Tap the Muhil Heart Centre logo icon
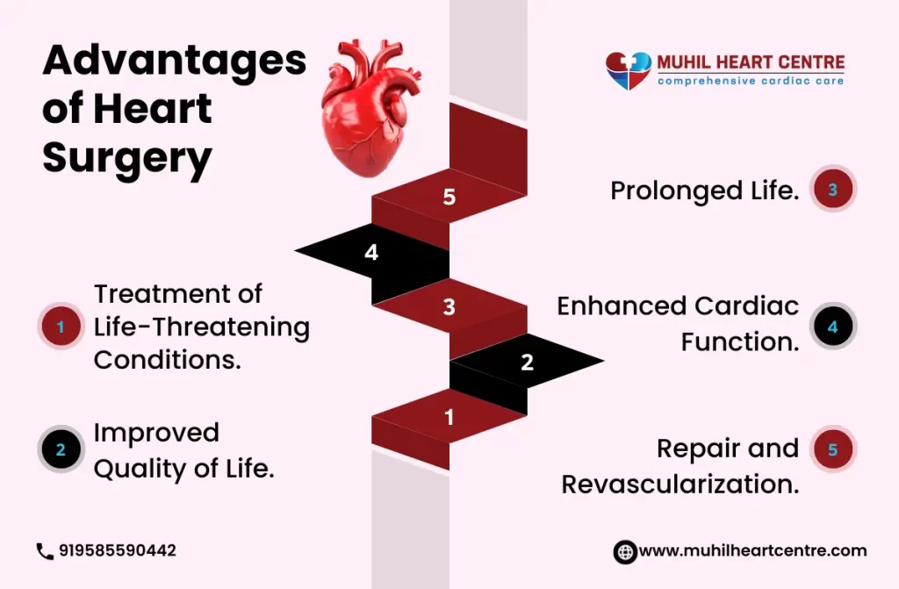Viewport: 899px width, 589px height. point(629,70)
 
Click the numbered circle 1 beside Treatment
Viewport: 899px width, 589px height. point(61,327)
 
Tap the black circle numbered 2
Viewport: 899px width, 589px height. point(61,449)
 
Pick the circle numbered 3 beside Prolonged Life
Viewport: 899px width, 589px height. point(833,190)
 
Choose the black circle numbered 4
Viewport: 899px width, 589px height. point(833,327)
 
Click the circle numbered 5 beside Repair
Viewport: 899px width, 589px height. point(833,449)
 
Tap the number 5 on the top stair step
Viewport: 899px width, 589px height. point(449,197)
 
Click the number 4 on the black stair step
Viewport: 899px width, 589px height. point(371,252)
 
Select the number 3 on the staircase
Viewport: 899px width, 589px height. point(449,307)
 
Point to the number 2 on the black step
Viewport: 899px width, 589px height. point(527,362)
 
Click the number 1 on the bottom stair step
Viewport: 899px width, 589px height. point(449,417)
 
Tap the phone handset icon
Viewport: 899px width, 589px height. point(45,551)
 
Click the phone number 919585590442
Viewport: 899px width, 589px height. point(118,550)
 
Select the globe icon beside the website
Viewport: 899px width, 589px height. point(625,552)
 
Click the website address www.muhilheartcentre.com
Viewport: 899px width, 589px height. point(752,550)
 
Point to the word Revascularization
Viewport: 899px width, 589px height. point(680,484)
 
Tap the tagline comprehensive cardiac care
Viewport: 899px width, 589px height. point(751,81)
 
